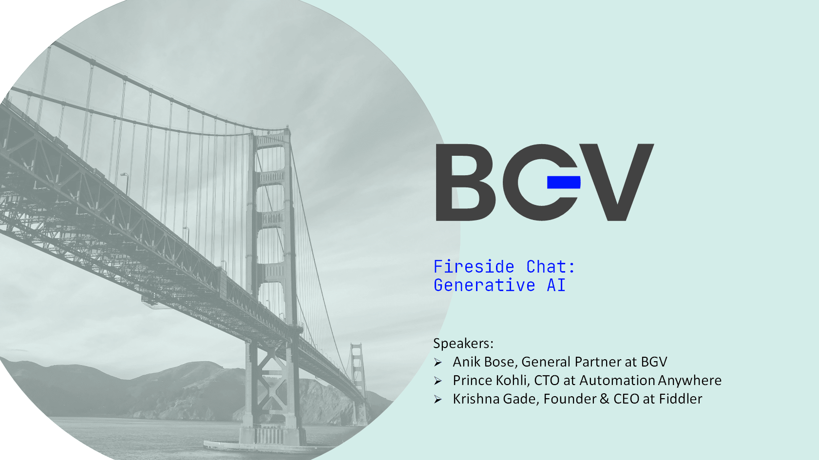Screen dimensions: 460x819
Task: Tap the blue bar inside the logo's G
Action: tap(564, 182)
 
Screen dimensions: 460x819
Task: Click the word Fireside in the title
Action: tap(474, 267)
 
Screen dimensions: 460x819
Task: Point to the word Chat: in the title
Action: tap(551, 267)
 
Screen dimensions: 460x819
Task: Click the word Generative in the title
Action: tap(484, 285)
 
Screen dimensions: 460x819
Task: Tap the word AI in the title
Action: tap(556, 285)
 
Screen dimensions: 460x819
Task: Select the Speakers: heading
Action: tap(463, 344)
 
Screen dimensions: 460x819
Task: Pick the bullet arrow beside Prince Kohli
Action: tap(438, 381)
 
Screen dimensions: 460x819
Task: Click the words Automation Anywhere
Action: tap(650, 381)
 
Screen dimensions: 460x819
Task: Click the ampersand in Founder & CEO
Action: tap(605, 399)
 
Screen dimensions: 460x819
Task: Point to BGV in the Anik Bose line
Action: tap(654, 362)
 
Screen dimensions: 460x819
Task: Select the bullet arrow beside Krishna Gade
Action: tap(438, 400)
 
